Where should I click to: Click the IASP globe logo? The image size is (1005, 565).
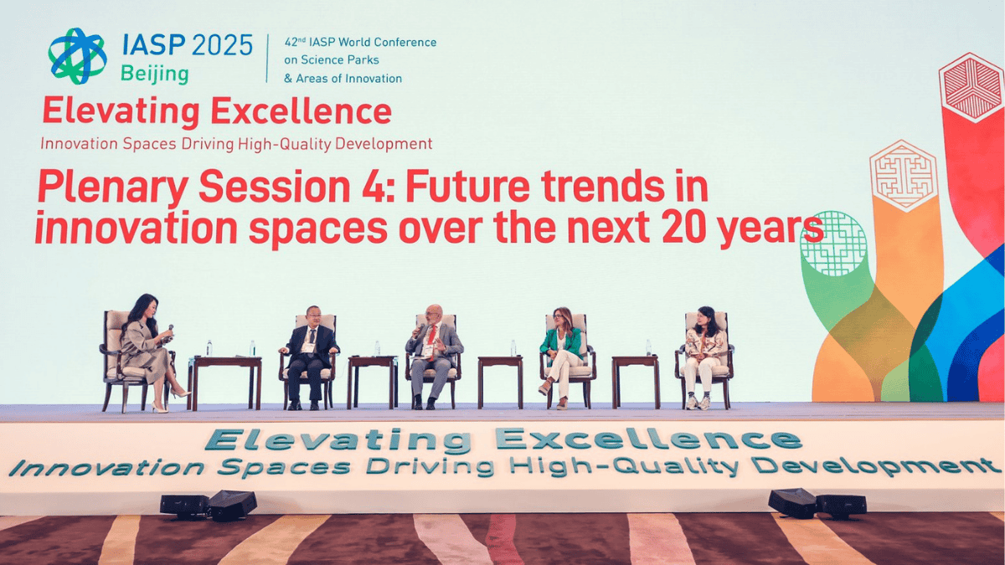(x=77, y=55)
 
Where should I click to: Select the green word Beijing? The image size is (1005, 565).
(x=155, y=74)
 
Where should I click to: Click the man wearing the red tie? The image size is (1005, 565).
(x=433, y=355)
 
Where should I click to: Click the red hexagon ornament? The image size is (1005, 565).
(x=971, y=87)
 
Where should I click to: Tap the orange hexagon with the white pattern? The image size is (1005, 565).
(x=901, y=175)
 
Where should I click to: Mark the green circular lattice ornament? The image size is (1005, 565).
(x=834, y=243)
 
